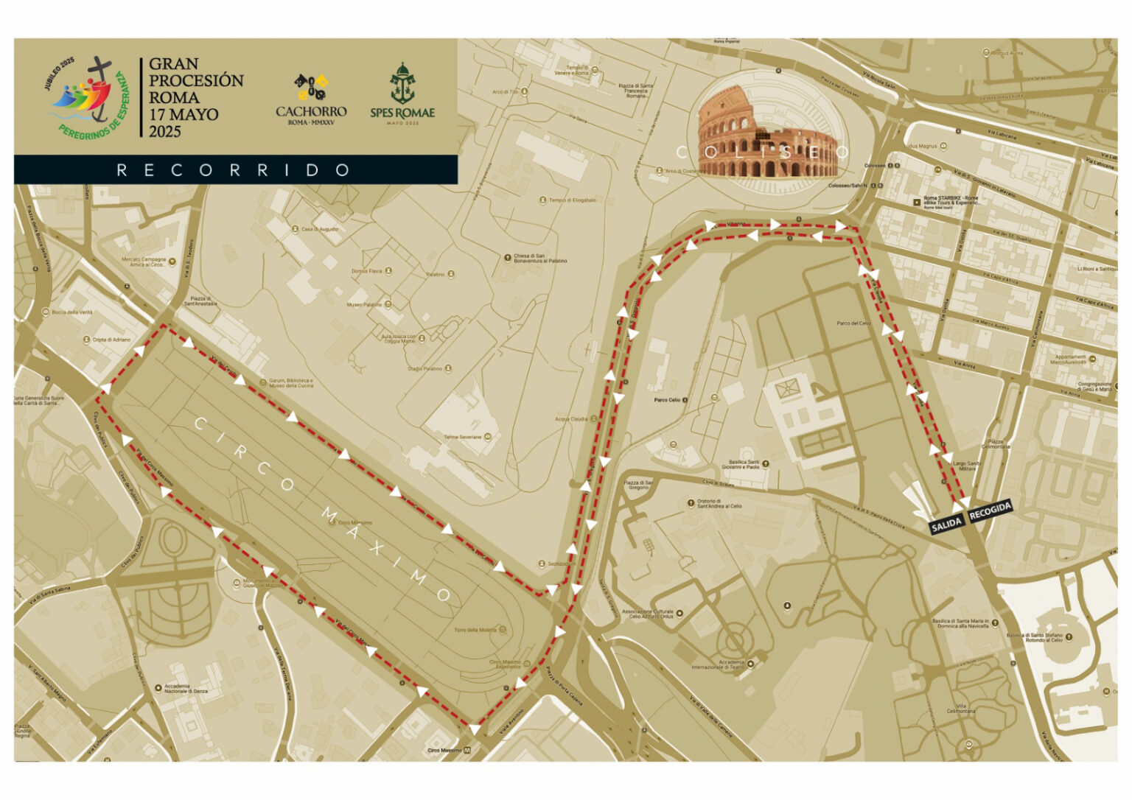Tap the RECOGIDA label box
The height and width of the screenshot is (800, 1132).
[x=990, y=510]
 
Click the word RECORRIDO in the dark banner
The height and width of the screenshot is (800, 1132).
[x=234, y=170]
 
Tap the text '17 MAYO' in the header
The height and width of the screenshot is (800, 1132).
[x=184, y=115]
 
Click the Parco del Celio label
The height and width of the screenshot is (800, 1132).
[x=853, y=323]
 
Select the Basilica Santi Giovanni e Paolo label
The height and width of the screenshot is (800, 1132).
[x=743, y=465]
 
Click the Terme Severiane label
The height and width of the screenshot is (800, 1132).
[x=463, y=437]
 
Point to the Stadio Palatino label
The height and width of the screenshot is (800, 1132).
[x=426, y=369]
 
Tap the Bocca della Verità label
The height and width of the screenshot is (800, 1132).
[x=72, y=312]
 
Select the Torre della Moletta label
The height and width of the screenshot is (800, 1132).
[x=475, y=630]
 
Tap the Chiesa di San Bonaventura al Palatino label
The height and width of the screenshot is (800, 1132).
[x=540, y=259]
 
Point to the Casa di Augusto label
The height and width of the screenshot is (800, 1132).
[x=320, y=229]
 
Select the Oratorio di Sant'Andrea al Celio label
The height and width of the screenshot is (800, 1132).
[x=719, y=504]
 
